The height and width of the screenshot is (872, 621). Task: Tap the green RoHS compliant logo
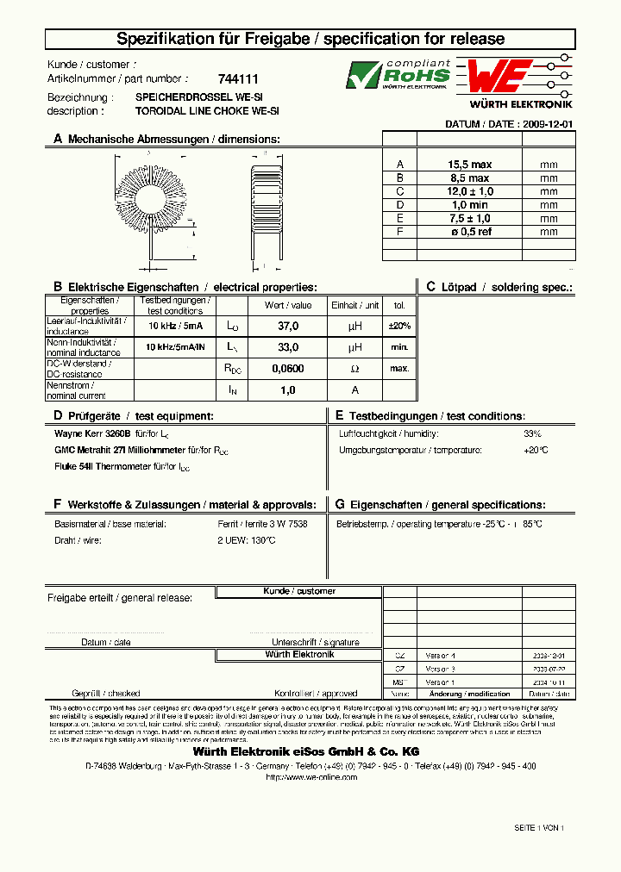pyautogui.click(x=398, y=75)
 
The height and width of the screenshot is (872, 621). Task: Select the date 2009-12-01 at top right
pyautogui.click(x=547, y=124)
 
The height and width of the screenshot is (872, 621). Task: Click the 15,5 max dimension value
pyautogui.click(x=469, y=165)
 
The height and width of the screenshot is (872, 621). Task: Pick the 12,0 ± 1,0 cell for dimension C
pyautogui.click(x=469, y=191)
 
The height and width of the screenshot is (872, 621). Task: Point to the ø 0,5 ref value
pyautogui.click(x=469, y=232)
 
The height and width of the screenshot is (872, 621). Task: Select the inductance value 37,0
pyautogui.click(x=288, y=327)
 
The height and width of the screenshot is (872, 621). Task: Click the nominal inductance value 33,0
pyautogui.click(x=288, y=347)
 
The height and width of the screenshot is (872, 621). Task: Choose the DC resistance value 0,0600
pyautogui.click(x=288, y=369)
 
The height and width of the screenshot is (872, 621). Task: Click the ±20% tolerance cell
pyautogui.click(x=399, y=327)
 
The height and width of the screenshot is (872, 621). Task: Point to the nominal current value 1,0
pyautogui.click(x=288, y=390)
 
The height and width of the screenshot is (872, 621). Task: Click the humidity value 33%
pyautogui.click(x=532, y=433)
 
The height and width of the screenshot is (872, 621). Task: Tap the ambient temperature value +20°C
pyautogui.click(x=535, y=451)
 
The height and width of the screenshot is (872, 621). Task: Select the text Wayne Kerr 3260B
pyautogui.click(x=92, y=434)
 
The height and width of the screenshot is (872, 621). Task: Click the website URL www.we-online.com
pyautogui.click(x=310, y=776)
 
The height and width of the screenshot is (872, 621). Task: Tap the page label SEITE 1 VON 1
pyautogui.click(x=539, y=827)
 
